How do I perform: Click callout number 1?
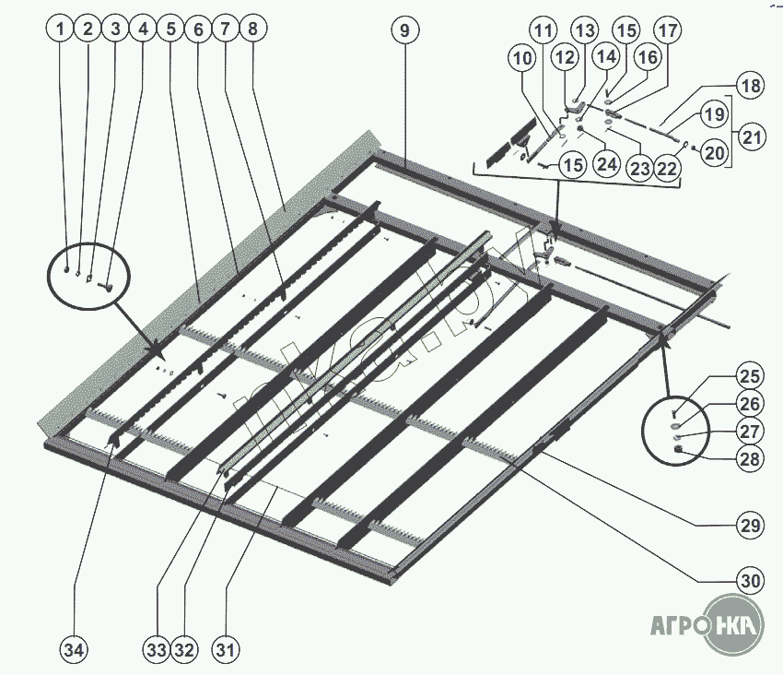click(60, 30)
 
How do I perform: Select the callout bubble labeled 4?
click(142, 30)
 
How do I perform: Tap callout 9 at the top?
click(403, 30)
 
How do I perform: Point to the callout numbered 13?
click(584, 30)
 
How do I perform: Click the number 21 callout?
click(753, 139)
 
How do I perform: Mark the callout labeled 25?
click(749, 376)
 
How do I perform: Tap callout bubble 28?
click(749, 459)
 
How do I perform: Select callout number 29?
click(749, 527)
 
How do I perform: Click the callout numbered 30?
click(749, 581)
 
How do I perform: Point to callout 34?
click(75, 650)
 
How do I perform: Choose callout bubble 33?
click(157, 650)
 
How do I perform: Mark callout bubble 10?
click(522, 59)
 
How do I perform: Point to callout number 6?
click(197, 30)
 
